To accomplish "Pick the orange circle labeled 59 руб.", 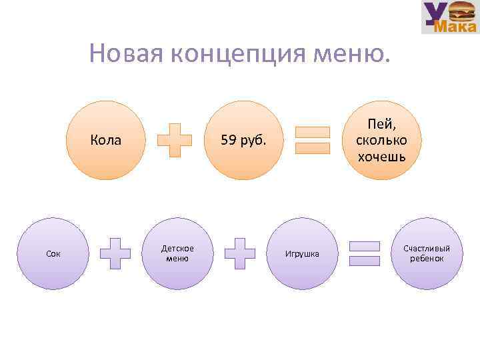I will [x=243, y=140].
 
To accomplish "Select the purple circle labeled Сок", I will [x=53, y=253].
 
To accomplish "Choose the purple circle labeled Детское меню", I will [x=177, y=253].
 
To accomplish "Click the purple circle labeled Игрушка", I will [x=302, y=253].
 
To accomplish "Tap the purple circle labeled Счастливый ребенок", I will [x=427, y=253].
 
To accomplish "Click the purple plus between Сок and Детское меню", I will [x=115, y=253].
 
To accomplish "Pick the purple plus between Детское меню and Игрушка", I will [x=240, y=253].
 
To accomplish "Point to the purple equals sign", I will [x=365, y=253].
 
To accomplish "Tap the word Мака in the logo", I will [x=455, y=27].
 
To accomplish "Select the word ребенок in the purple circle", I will [x=427, y=258].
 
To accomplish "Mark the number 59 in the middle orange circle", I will [x=228, y=140].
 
